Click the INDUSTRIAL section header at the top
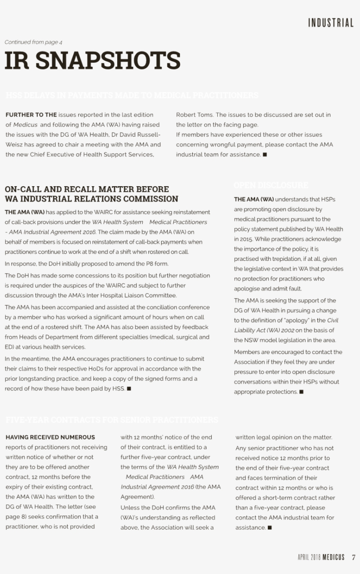[x=331, y=23]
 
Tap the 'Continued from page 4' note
[x=33, y=42]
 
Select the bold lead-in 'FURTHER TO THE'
[x=31, y=115]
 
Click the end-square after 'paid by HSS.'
[x=129, y=389]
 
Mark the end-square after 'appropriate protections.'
[x=301, y=392]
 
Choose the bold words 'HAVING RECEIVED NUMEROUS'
[x=50, y=437]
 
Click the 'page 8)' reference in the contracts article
[x=17, y=516]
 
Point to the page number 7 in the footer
[x=353, y=557]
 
